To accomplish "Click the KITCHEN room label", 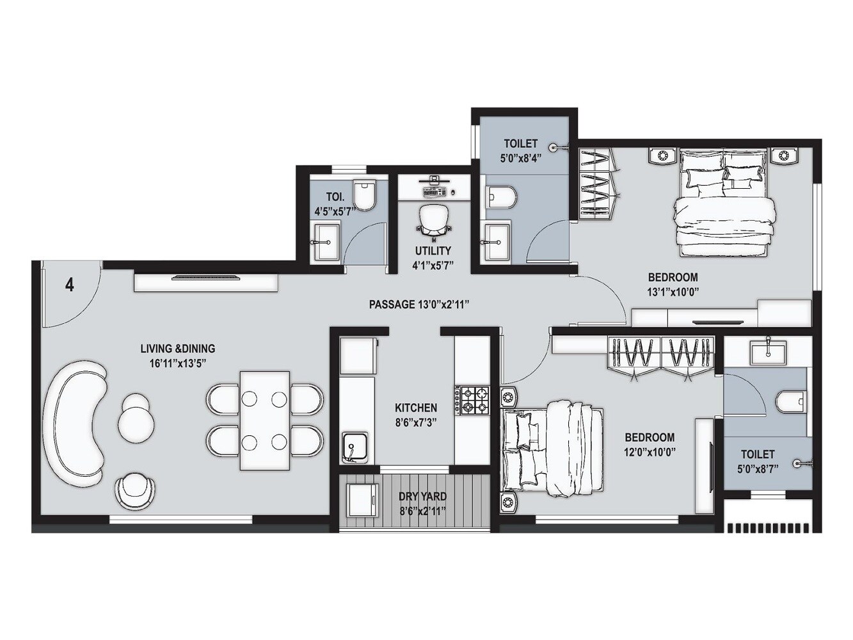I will pyautogui.click(x=416, y=408).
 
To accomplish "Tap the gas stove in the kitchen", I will pyautogui.click(x=472, y=400).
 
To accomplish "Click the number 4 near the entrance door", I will pyautogui.click(x=69, y=284).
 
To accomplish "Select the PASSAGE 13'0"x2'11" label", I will pyautogui.click(x=419, y=305).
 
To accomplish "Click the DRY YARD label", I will pyautogui.click(x=422, y=496).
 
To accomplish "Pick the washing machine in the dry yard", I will pyautogui.click(x=363, y=500).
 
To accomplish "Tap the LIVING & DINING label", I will pyautogui.click(x=177, y=349).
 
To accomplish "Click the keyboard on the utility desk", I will pyautogui.click(x=434, y=191).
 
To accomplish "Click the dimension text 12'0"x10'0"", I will pyautogui.click(x=650, y=451).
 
